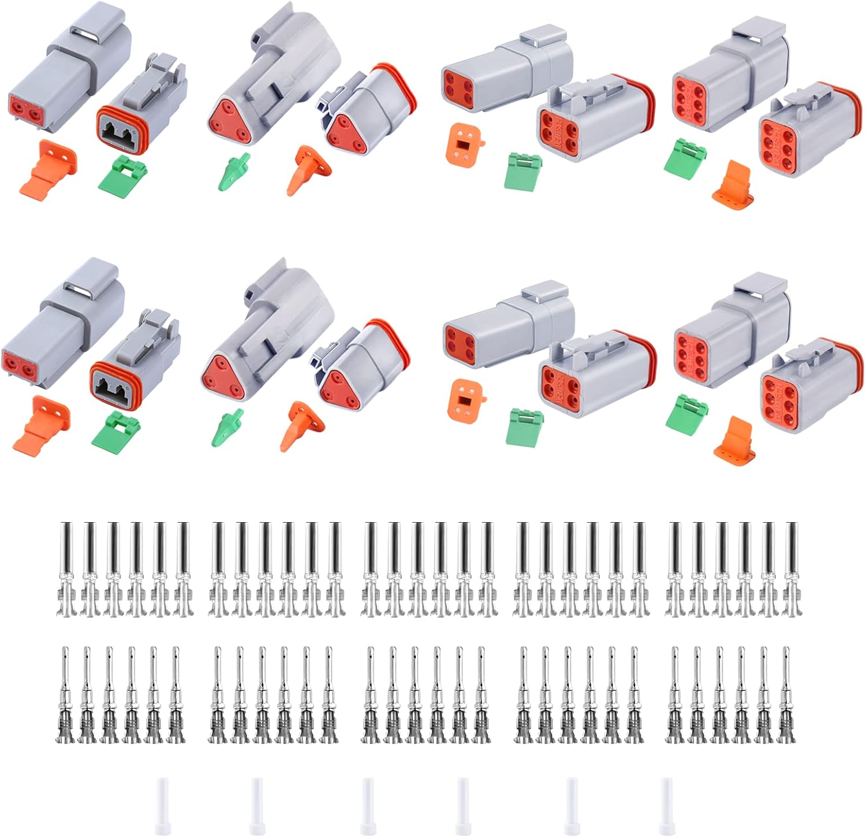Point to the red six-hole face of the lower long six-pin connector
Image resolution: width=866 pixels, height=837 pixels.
[x=697, y=350]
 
